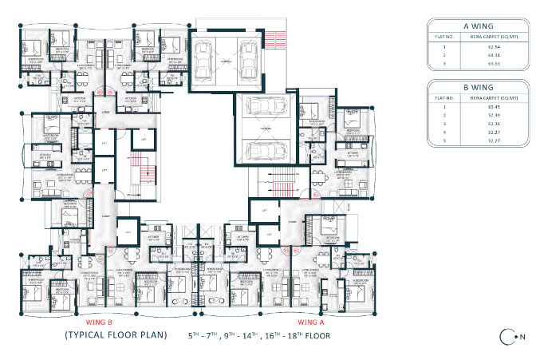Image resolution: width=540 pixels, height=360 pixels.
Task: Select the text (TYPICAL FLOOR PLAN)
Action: coord(116,335)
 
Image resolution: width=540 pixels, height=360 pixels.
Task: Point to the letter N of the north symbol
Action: coord(522,337)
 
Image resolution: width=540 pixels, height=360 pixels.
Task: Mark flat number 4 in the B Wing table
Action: coord(443,132)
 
